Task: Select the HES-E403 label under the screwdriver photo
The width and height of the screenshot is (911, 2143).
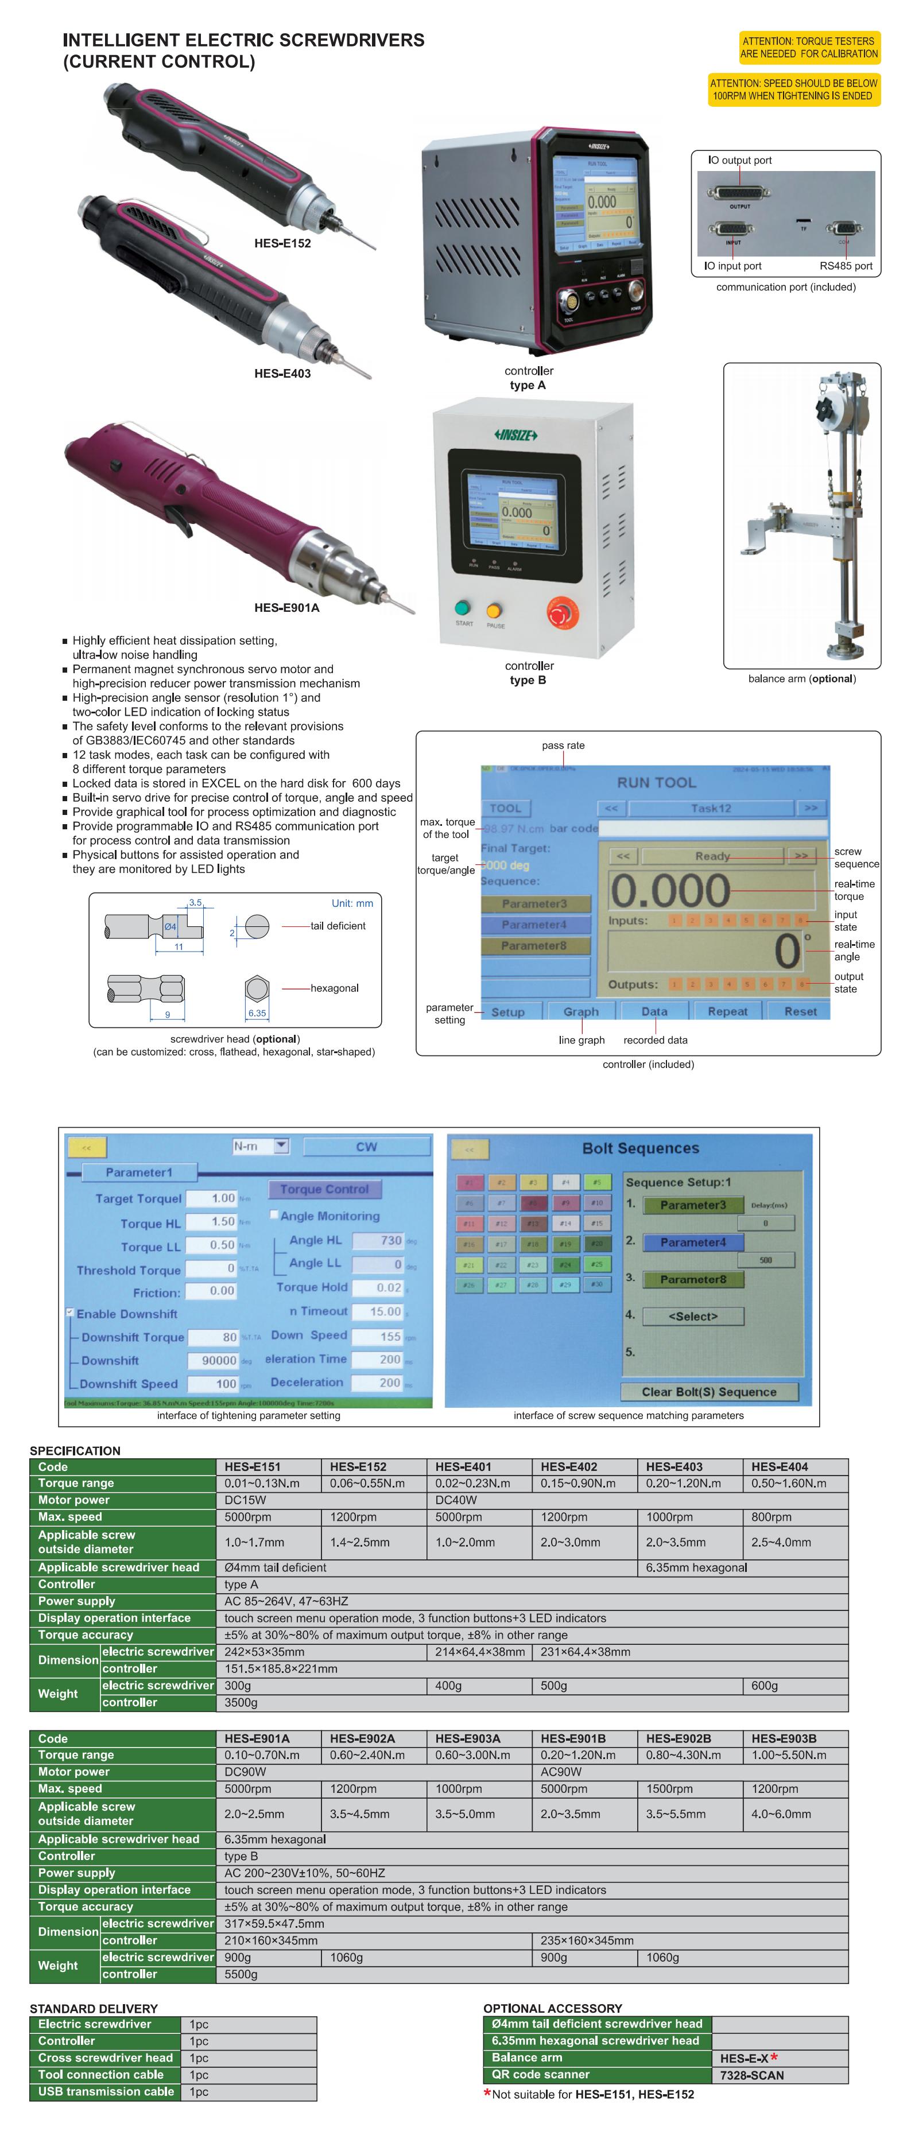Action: pyautogui.click(x=282, y=374)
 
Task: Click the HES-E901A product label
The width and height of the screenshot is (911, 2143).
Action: pyautogui.click(x=286, y=607)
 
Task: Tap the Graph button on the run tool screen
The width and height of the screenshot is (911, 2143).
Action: pyautogui.click(x=581, y=1012)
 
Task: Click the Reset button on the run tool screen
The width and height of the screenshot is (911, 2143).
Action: pyautogui.click(x=800, y=1012)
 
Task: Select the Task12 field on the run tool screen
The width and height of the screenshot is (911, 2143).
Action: pyautogui.click(x=711, y=807)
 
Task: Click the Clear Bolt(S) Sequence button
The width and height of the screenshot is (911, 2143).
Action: pyautogui.click(x=709, y=1392)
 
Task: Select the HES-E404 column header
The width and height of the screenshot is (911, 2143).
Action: pyautogui.click(x=780, y=1467)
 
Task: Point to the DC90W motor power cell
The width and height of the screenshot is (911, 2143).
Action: pyautogui.click(x=246, y=1772)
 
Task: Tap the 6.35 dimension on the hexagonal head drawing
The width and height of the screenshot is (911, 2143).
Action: pyautogui.click(x=257, y=1014)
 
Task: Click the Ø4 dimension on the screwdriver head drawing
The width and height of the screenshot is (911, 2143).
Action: pyautogui.click(x=170, y=926)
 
